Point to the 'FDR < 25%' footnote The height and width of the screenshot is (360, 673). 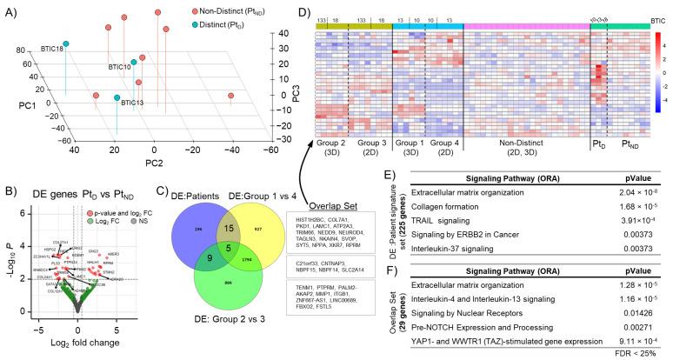click(640, 352)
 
